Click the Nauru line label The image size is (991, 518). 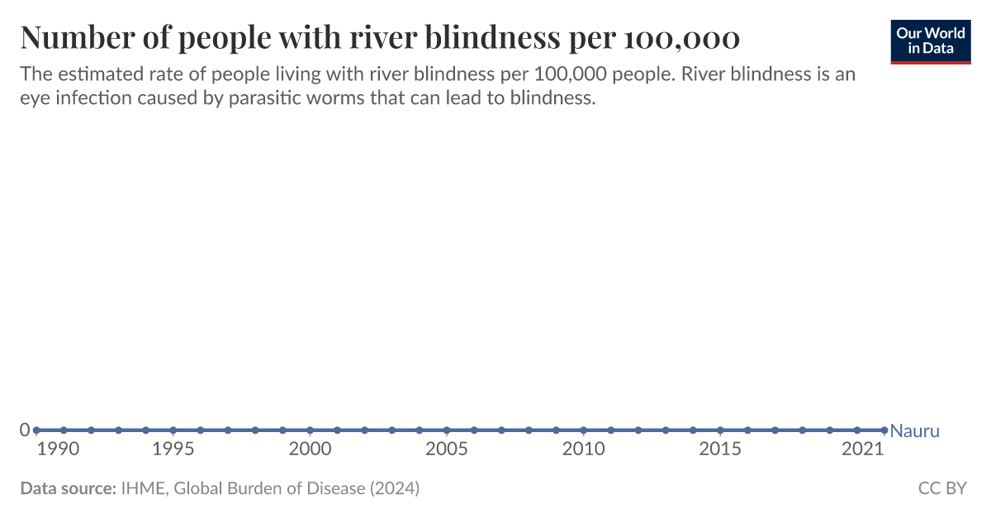click(915, 431)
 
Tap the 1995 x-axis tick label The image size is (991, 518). click(173, 449)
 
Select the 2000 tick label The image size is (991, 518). click(310, 449)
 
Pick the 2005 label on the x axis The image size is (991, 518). click(447, 449)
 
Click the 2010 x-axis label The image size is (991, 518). click(583, 449)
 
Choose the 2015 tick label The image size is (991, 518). click(720, 449)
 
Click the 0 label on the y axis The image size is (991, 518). click(25, 430)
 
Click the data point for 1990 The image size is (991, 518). click(36, 430)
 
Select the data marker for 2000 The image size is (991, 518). click(310, 430)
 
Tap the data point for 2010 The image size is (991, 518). click(583, 430)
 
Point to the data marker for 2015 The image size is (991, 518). click(720, 430)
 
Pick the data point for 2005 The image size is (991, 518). click(447, 430)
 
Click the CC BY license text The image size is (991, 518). click(942, 488)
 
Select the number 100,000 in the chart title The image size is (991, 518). click(682, 38)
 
